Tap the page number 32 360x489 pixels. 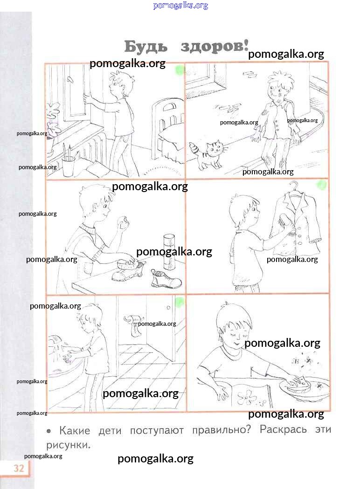pos(19,468)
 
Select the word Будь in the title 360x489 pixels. pos(145,47)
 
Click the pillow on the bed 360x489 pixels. pos(171,134)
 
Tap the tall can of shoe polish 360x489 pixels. pos(169,252)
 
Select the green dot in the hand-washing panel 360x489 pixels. pos(180,302)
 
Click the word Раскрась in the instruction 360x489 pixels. pos(283,430)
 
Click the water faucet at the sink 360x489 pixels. pos(56,339)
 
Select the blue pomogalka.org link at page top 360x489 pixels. pos(180,5)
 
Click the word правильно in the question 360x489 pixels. pos(222,430)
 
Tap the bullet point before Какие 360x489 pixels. pos(48,431)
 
